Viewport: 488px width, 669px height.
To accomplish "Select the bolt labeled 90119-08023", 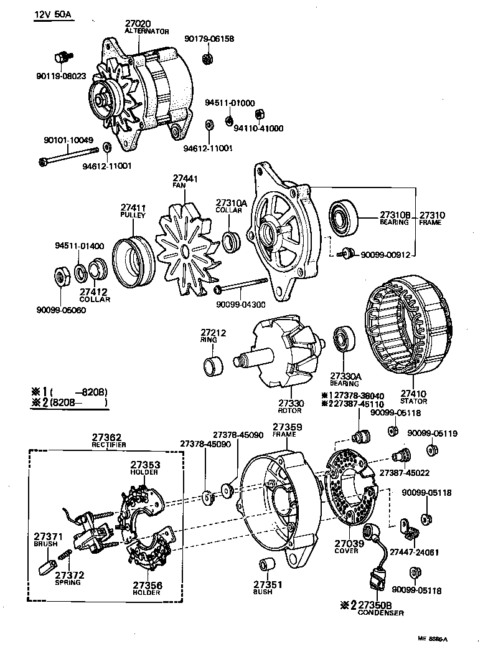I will click(x=61, y=57).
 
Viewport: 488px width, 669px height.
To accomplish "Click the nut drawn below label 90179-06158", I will click(x=208, y=59).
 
